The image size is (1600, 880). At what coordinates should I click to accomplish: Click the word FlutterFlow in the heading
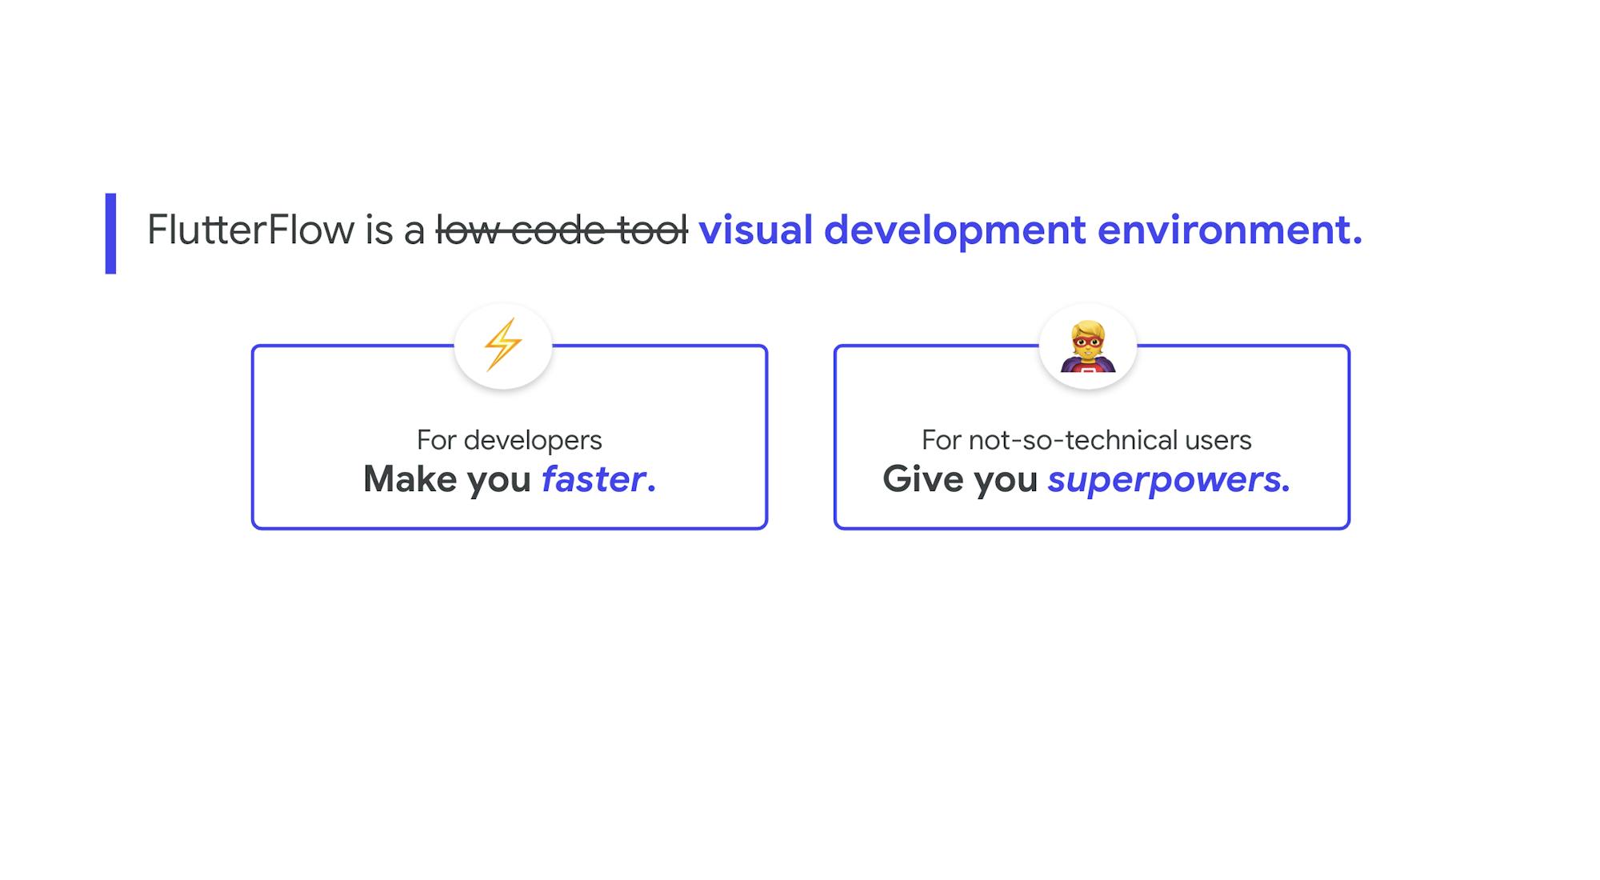(250, 230)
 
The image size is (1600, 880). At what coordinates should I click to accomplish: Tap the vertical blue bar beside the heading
(110, 234)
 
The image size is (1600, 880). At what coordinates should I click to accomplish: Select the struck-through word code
(558, 230)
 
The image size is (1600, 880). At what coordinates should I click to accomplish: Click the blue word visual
(755, 230)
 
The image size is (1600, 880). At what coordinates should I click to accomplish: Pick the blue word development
(954, 230)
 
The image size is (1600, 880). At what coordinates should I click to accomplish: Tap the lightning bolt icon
(502, 345)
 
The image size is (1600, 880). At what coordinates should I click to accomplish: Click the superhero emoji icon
(1087, 346)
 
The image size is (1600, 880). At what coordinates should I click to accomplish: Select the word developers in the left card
(533, 440)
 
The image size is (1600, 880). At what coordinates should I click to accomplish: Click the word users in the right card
(1218, 440)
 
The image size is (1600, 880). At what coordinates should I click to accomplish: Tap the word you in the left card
(498, 479)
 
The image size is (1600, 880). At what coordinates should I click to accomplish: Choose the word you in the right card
(1006, 479)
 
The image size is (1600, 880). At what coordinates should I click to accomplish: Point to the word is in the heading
(379, 230)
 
